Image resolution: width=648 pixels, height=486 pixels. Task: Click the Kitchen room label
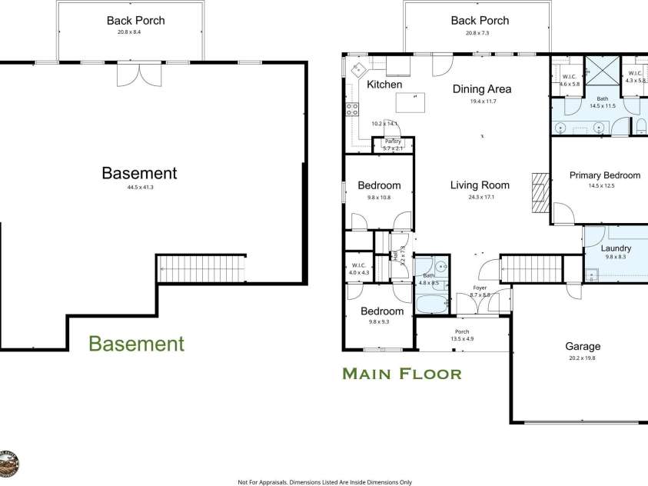pos(384,84)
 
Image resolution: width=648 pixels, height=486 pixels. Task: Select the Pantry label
pos(393,141)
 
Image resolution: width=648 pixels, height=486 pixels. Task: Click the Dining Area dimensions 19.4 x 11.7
pos(481,102)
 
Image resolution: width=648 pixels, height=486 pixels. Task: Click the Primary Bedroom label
pos(604,175)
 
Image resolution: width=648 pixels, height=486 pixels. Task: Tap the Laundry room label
pos(616,248)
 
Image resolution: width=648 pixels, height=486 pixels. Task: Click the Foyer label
pos(480,288)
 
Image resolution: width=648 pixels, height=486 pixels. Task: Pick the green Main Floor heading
pos(401,374)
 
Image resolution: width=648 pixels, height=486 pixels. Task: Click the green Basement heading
pos(136,343)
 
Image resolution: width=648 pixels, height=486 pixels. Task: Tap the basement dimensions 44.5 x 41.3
pos(139,187)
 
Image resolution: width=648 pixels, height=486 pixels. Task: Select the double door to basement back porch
pos(128,75)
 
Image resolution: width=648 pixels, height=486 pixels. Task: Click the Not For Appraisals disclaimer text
pos(324,481)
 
